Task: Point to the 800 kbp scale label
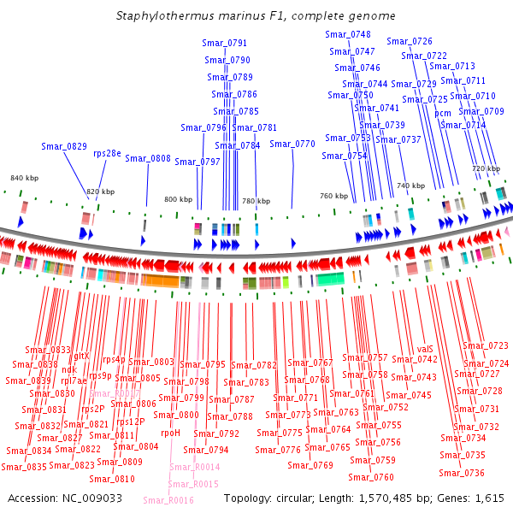179,199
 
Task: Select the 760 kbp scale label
334,196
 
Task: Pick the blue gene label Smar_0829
64,146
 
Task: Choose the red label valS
426,349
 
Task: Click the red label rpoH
170,433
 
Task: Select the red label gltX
81,356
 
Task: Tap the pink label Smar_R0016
166,500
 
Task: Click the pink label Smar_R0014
194,467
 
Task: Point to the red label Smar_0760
371,477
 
